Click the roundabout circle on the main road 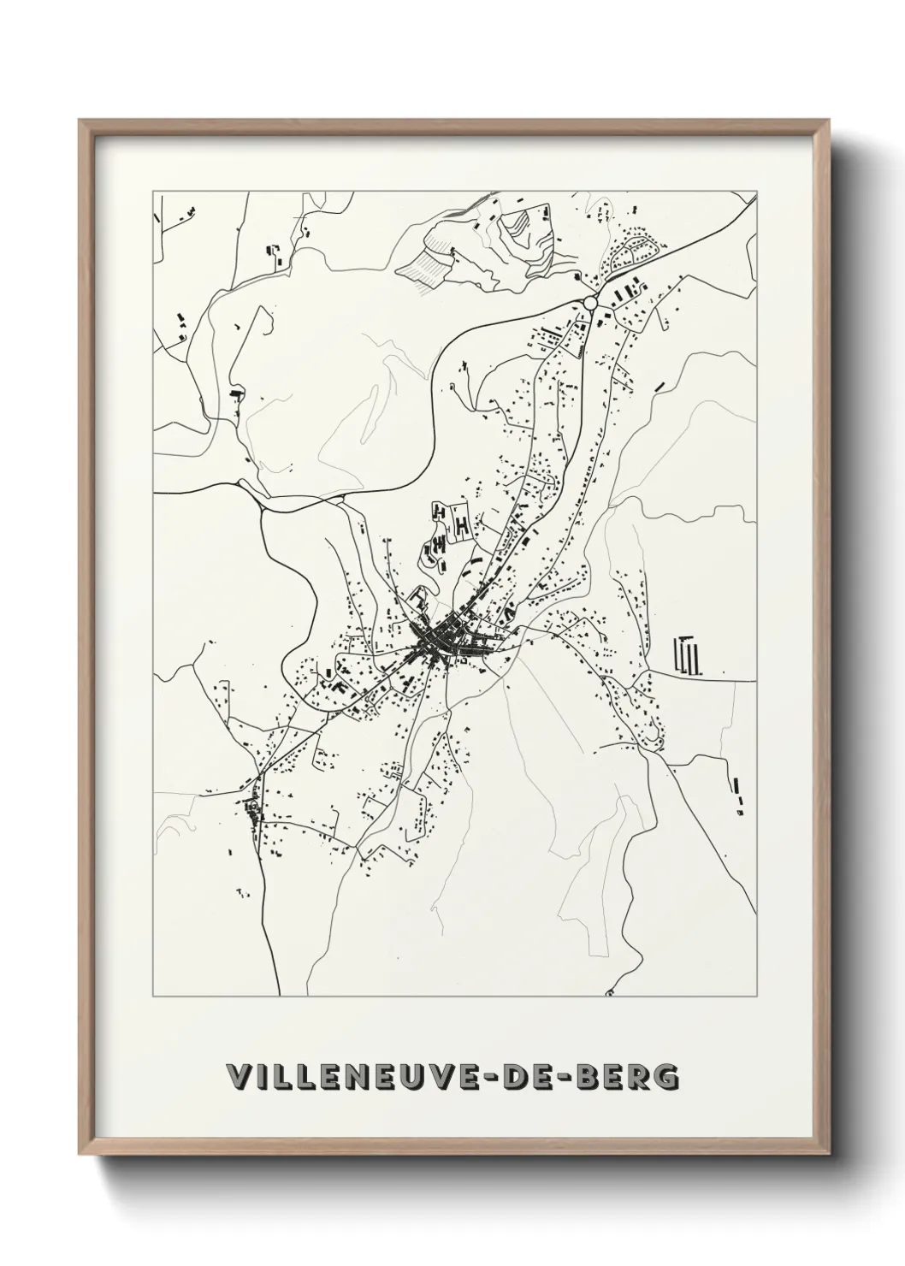tap(590, 303)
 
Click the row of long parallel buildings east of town tap(688, 655)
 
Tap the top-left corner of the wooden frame tap(81, 122)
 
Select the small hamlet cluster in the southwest tap(251, 809)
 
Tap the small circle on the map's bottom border tap(608, 995)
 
